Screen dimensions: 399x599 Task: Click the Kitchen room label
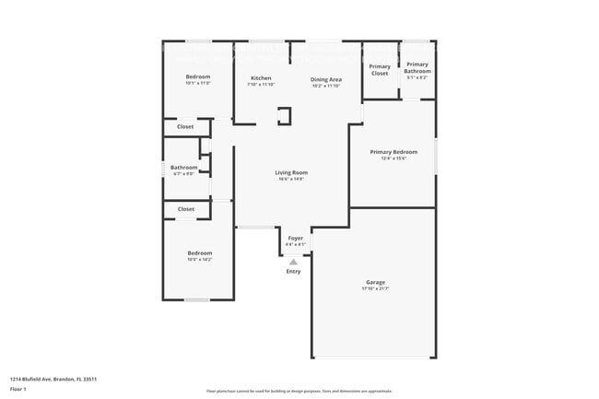261,78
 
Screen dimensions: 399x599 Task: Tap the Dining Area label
326,79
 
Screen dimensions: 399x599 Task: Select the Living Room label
291,172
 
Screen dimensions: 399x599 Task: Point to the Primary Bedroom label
393,152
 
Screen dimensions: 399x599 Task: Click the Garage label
375,282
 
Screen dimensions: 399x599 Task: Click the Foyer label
295,238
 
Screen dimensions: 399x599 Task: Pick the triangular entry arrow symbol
294,262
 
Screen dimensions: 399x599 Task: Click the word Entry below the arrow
293,271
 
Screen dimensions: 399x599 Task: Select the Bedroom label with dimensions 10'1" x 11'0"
198,76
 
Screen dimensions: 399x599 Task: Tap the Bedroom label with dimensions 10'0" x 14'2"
200,252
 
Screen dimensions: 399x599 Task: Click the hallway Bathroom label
183,167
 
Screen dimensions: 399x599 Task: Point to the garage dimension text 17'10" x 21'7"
375,289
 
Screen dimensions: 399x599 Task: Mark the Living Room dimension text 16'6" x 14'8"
291,180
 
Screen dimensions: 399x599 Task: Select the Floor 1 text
18,389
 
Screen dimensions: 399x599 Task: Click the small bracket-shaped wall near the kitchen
286,115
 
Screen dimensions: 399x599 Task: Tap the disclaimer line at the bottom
299,391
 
